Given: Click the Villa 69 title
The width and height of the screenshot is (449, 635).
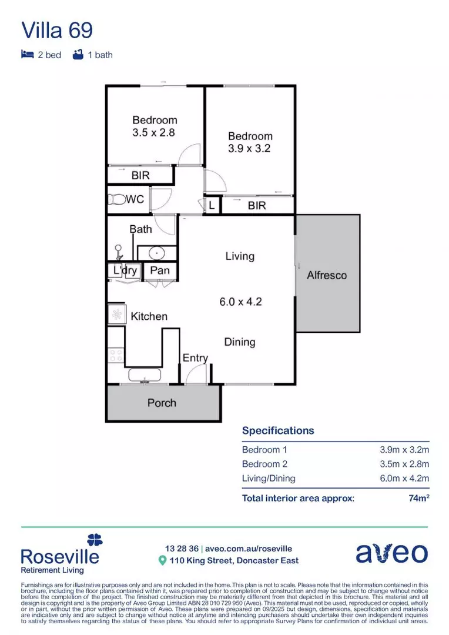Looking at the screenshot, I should tap(56, 30).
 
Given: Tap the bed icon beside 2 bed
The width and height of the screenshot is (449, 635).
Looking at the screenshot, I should tap(27, 55).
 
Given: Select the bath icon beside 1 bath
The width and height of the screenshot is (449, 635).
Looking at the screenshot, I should tap(77, 55).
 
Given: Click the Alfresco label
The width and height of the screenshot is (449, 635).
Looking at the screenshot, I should tap(327, 275).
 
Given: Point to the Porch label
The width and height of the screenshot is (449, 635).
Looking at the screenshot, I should tap(162, 403).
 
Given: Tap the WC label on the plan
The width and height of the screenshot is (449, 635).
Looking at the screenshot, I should tap(135, 199).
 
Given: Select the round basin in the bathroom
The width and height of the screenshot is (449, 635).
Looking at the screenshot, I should tap(157, 253).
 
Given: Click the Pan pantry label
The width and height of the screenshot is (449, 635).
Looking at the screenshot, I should tap(160, 270).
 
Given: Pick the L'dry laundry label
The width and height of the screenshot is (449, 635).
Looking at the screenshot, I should tap(125, 270).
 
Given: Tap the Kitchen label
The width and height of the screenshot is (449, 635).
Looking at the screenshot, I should tap(149, 316).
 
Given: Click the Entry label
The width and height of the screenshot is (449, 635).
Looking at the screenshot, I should tap(195, 358).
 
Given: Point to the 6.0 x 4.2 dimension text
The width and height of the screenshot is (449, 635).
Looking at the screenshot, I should tap(240, 302).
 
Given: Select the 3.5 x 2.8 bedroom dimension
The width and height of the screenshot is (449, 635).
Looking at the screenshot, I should tap(154, 133).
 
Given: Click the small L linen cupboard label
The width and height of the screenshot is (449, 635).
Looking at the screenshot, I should tap(212, 206).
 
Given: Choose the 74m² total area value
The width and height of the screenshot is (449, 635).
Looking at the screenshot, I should tap(418, 498).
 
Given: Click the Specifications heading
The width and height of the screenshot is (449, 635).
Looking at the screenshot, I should tap(278, 430).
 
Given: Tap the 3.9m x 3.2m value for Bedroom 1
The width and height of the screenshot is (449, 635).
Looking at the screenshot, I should tap(404, 450).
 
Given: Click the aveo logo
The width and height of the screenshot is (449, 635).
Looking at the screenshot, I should tap(391, 553).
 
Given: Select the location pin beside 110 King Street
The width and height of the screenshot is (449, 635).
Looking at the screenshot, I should tap(163, 561).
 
